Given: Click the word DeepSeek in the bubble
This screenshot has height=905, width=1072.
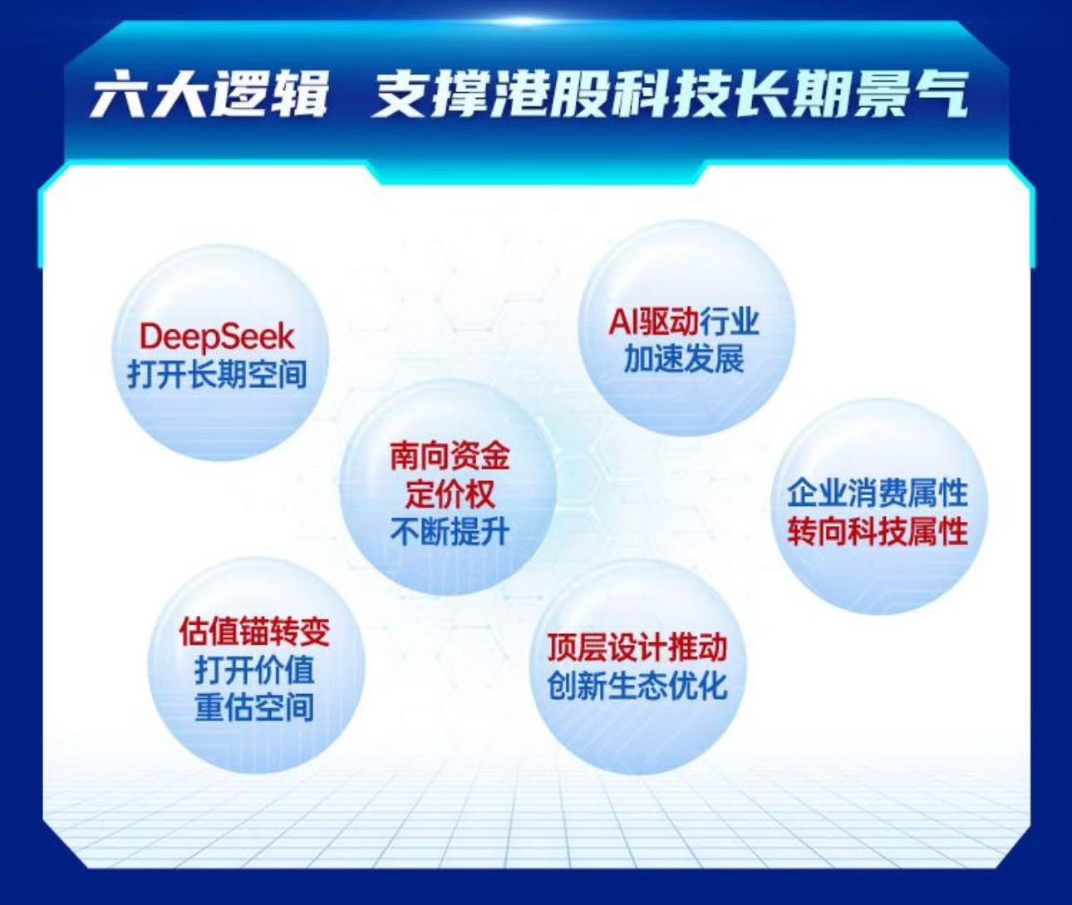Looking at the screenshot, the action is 216,337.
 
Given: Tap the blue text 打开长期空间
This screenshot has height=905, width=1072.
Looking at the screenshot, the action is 217,374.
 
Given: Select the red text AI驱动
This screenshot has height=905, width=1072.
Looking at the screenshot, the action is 653,322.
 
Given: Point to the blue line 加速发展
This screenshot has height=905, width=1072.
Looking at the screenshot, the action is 684,358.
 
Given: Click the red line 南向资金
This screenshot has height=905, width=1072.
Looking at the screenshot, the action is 450,456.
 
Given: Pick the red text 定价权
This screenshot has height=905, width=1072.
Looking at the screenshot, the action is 450,494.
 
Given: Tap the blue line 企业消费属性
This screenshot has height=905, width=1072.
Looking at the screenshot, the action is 878,494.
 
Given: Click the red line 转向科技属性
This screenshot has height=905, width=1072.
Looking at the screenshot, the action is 878,531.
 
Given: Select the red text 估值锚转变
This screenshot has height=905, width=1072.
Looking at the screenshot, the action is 254,632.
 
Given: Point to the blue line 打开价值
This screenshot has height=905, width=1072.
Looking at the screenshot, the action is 254,670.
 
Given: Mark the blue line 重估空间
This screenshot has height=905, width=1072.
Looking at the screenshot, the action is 254,707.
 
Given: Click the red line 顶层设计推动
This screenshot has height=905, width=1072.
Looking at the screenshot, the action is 637,648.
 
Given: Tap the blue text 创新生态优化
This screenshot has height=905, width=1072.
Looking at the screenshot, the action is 637,686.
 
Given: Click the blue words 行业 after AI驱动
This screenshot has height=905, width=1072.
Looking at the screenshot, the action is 729,322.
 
